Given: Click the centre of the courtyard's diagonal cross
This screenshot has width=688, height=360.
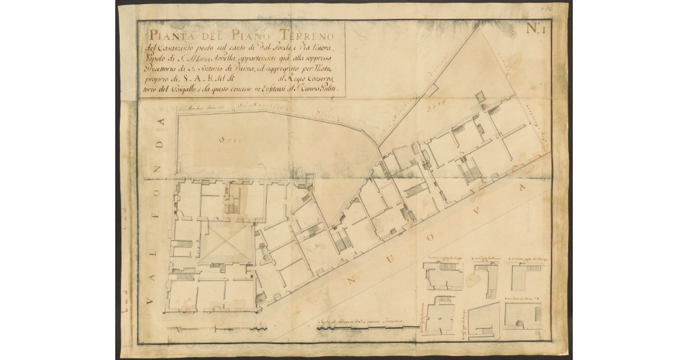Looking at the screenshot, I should click(x=226, y=244).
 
